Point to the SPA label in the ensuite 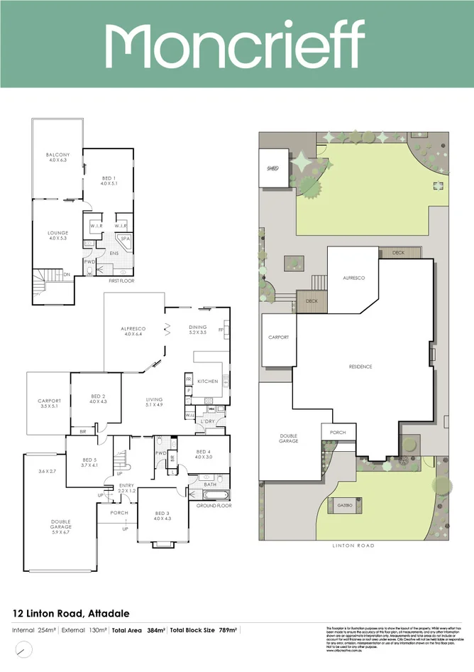125,239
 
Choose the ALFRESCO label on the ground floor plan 133,329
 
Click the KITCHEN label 208,381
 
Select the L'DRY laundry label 208,422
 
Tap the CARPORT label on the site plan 277,337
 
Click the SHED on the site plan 272,168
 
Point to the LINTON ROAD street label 353,546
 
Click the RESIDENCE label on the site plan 360,367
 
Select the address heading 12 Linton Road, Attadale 72,612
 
